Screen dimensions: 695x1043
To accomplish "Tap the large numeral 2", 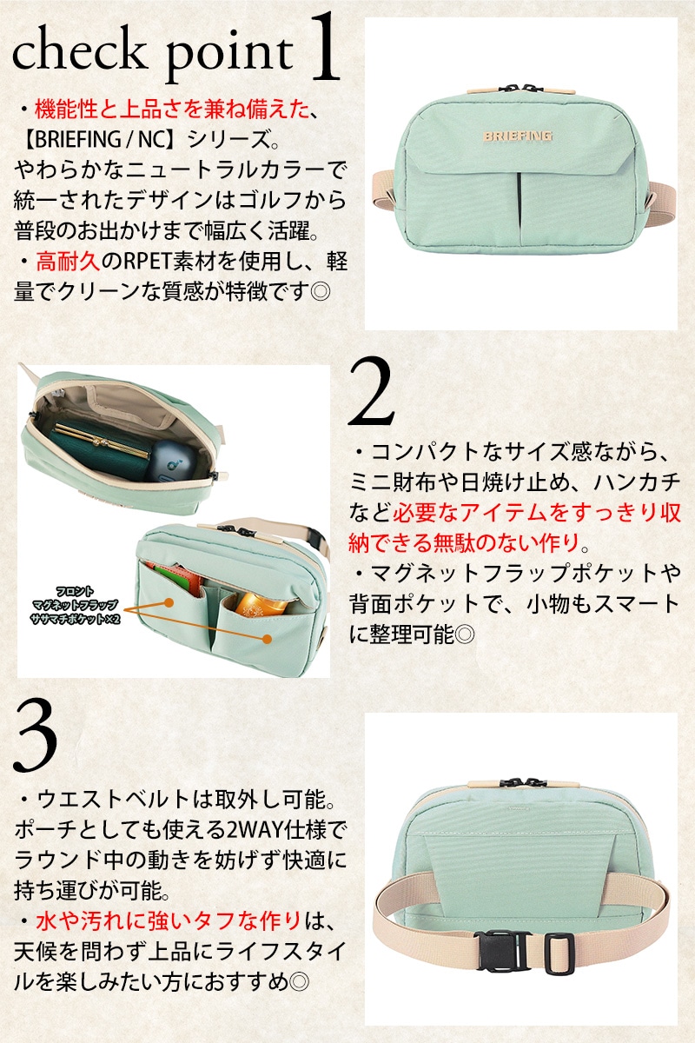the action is tap(372, 391).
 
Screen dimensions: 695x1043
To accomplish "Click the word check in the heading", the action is tap(77, 51).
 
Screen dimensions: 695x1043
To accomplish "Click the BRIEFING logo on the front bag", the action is tap(517, 136).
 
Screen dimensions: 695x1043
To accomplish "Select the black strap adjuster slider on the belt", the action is tap(559, 953).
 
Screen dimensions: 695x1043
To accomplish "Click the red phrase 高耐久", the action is tap(69, 262).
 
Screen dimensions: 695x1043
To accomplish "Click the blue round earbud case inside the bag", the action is tap(170, 460).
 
